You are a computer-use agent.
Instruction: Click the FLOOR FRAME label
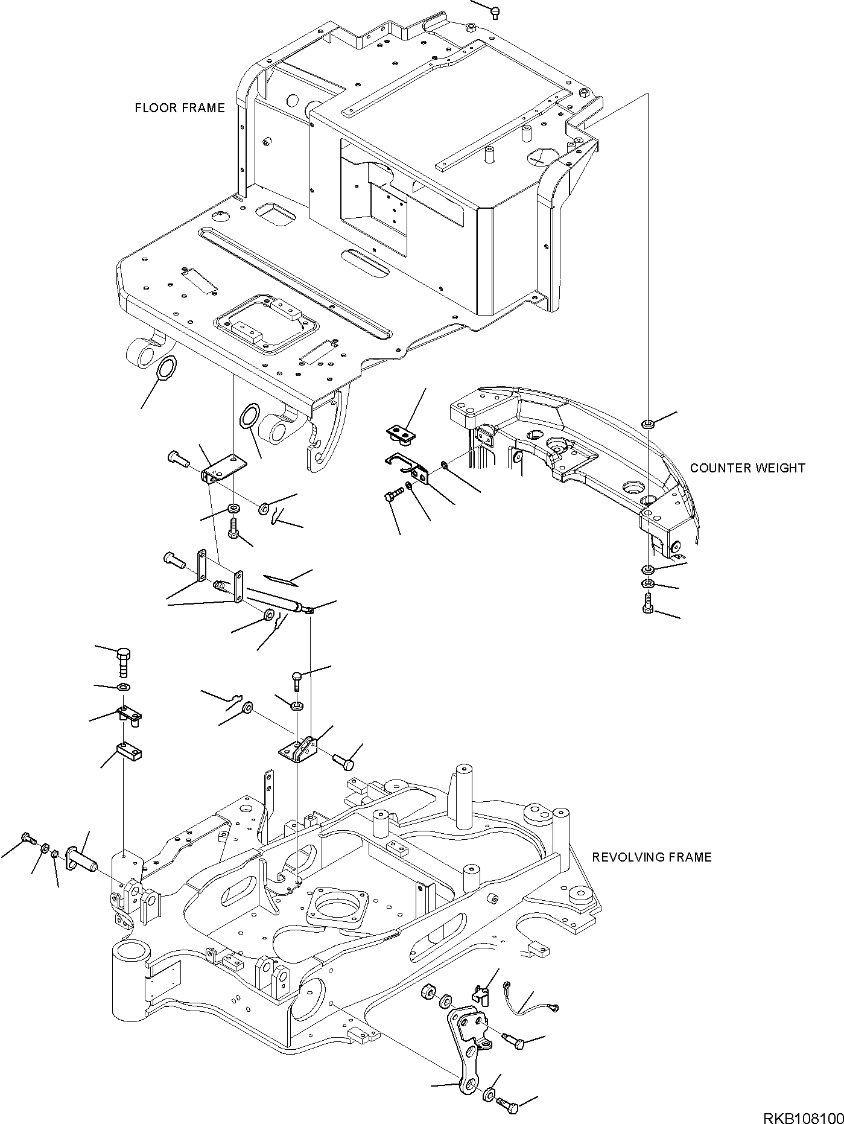pyautogui.click(x=180, y=108)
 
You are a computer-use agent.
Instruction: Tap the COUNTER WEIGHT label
pyautogui.click(x=747, y=468)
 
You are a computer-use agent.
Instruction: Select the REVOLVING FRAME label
pyautogui.click(x=652, y=857)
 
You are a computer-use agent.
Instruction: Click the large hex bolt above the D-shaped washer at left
pyautogui.click(x=124, y=662)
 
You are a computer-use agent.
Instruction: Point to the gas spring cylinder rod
pyautogui.click(x=271, y=599)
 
